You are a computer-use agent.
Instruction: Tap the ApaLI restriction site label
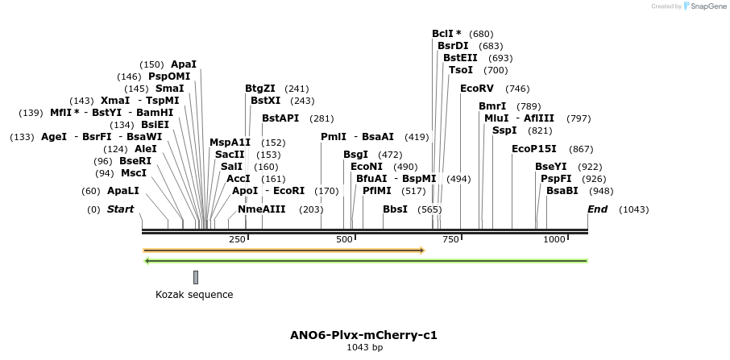(123, 191)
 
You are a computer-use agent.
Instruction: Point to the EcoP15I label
(533, 149)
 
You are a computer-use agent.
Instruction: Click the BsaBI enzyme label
(562, 191)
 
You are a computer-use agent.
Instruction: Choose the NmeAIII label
(262, 209)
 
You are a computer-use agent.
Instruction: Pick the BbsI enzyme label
(395, 209)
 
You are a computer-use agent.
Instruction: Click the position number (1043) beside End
(633, 209)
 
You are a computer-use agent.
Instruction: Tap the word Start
(120, 209)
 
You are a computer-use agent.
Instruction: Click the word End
(597, 209)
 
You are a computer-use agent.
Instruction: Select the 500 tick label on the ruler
(345, 239)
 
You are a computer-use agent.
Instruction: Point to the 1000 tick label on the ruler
(555, 239)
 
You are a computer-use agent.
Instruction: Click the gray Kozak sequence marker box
(195, 277)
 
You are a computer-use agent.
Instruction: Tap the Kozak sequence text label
(194, 295)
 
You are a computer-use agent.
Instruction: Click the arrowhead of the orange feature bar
(421, 250)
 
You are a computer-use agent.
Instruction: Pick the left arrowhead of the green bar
(147, 261)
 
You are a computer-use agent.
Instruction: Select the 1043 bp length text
(364, 348)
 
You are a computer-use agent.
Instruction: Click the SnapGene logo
(699, 6)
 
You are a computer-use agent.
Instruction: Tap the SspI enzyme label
(504, 130)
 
